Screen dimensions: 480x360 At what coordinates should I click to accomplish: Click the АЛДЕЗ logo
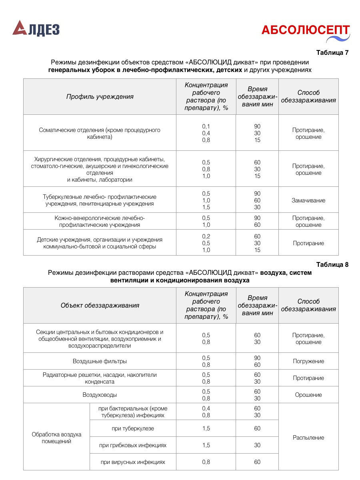(x=36, y=29)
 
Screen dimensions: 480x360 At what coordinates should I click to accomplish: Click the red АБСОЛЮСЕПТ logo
(x=305, y=30)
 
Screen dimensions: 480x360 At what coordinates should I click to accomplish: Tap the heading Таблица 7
(x=332, y=53)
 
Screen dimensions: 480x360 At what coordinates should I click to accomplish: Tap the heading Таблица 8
(x=332, y=264)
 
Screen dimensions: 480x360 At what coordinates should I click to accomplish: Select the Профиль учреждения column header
(x=100, y=96)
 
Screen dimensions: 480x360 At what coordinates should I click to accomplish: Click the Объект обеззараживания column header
(x=100, y=305)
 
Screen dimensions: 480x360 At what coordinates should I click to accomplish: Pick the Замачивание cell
(x=308, y=200)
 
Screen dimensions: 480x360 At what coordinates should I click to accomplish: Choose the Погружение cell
(x=308, y=361)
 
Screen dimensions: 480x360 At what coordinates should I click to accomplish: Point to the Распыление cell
(x=308, y=438)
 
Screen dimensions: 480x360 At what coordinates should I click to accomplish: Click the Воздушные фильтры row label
(x=100, y=361)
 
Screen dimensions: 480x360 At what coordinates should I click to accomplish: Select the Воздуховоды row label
(x=100, y=395)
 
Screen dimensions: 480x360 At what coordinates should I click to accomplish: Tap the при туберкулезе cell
(x=133, y=428)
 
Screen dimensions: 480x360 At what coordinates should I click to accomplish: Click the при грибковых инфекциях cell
(x=133, y=445)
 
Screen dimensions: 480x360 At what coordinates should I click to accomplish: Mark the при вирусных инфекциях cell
(x=133, y=462)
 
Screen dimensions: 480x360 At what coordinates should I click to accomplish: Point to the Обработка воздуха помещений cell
(x=56, y=438)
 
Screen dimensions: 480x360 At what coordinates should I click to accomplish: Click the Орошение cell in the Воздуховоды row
(x=308, y=395)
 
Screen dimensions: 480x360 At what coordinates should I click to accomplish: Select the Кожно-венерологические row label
(x=100, y=221)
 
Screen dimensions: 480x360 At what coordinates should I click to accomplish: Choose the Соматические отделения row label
(x=100, y=134)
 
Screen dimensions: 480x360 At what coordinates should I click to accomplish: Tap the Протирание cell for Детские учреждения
(x=308, y=243)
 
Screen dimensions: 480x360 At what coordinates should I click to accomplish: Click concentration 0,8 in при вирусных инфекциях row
(x=206, y=462)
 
